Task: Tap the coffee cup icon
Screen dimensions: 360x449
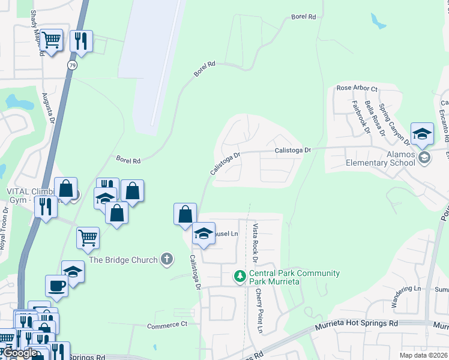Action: [58, 286]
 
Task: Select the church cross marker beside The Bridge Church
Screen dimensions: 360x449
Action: [167, 260]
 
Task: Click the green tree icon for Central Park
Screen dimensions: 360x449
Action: [240, 276]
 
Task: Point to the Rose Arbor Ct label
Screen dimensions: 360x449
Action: [357, 88]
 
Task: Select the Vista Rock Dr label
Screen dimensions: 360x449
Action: [255, 243]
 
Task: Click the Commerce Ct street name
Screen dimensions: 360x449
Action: [167, 325]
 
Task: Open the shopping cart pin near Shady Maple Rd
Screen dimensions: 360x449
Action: [52, 40]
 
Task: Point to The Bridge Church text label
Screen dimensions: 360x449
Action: [123, 260]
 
